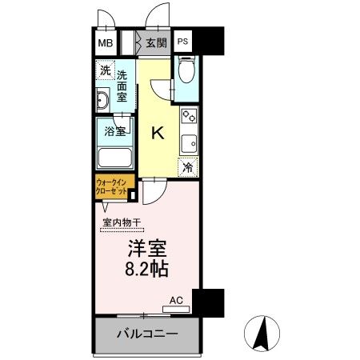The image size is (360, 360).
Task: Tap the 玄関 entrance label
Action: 156,42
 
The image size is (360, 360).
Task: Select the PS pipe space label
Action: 183,42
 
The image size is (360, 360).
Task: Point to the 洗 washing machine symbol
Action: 106,70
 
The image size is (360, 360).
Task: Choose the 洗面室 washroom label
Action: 122,86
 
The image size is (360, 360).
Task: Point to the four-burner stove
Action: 189,118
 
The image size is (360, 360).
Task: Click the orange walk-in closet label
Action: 112,188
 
